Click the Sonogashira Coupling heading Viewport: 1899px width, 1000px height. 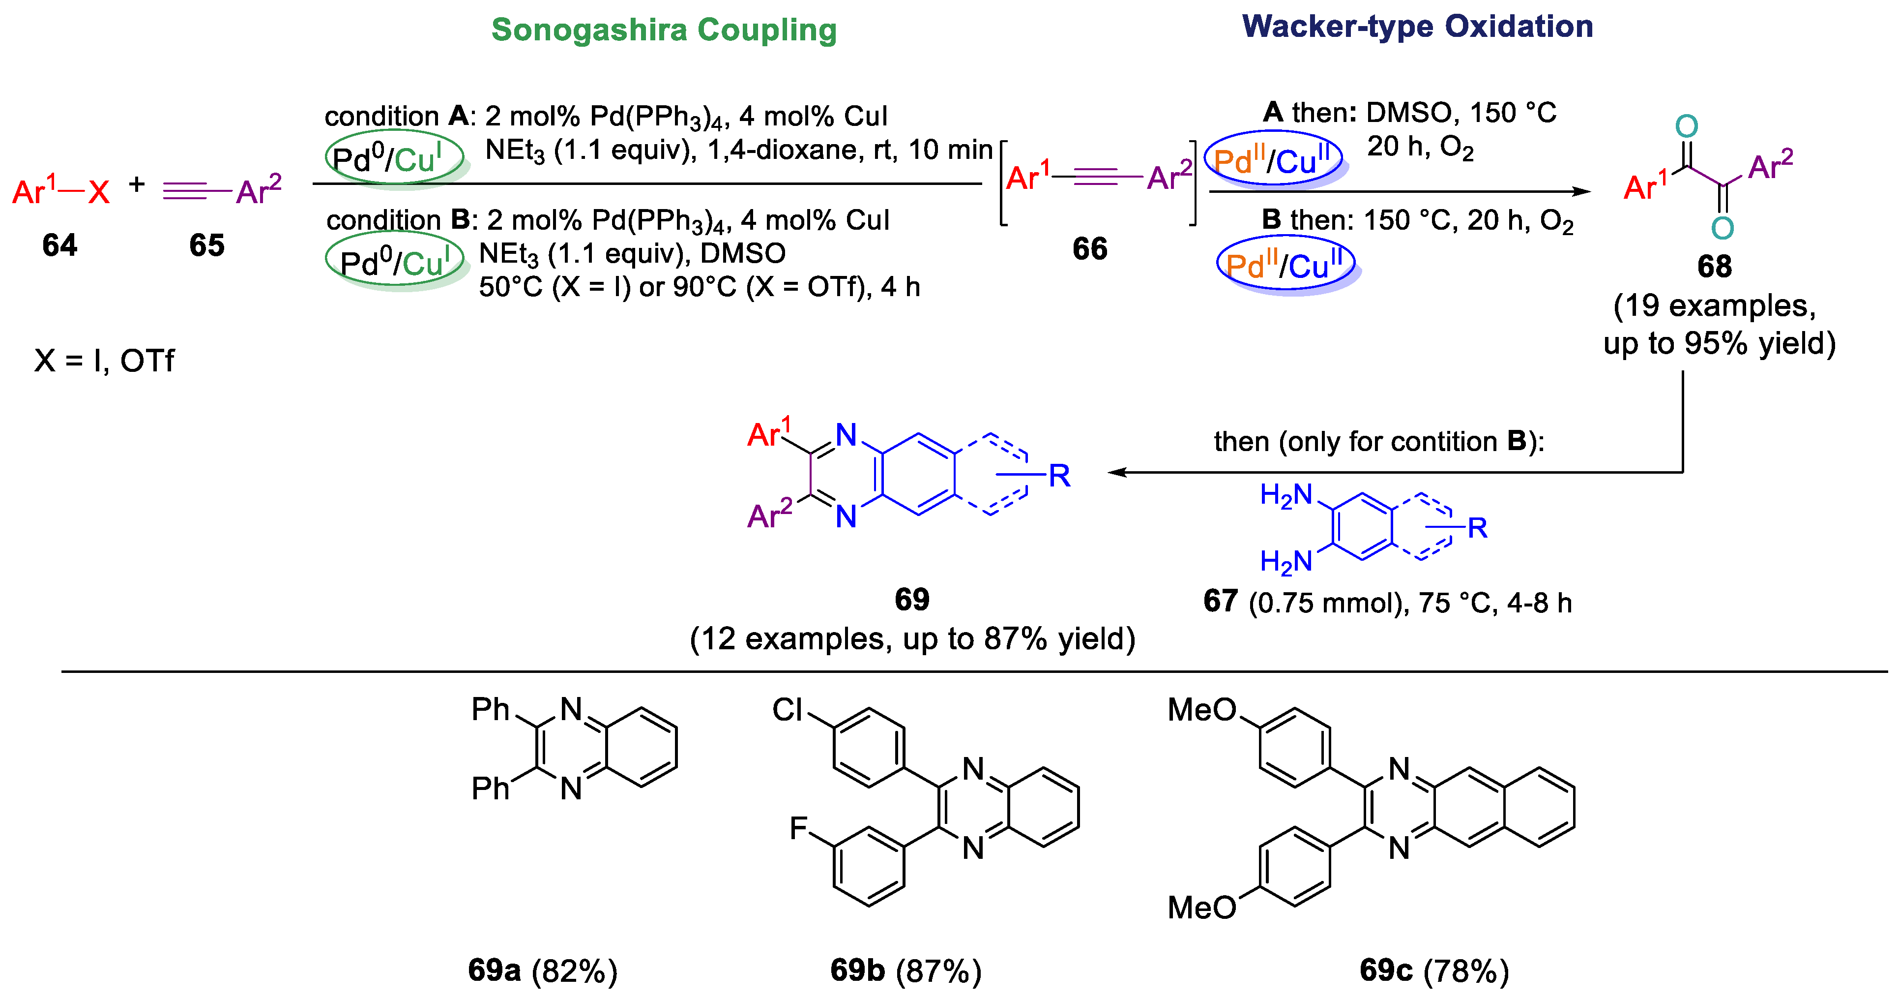tap(664, 30)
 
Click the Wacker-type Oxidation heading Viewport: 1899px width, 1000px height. tap(1417, 27)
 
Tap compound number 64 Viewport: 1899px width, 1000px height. tap(59, 245)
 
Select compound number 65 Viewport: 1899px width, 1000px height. tap(206, 245)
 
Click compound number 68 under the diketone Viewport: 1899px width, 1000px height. tap(1714, 266)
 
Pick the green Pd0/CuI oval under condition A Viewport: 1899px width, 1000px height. tap(394, 157)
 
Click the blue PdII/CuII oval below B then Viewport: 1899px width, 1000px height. tap(1285, 264)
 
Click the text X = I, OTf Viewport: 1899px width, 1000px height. tap(104, 361)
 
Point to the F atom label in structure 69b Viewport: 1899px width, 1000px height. tap(798, 828)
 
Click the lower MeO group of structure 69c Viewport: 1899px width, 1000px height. tap(1201, 907)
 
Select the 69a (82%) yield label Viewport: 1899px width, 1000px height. tap(543, 970)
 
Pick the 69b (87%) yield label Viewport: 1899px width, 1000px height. tap(906, 970)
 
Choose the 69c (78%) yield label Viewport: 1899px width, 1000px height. tap(1434, 970)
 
